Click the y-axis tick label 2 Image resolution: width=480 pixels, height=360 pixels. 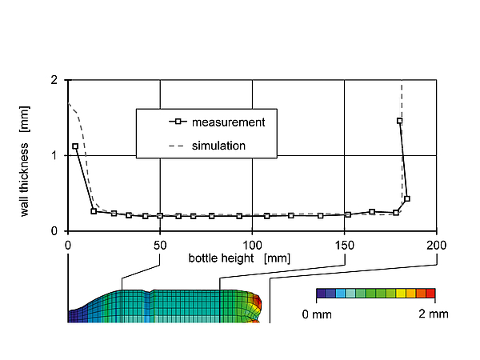(54, 80)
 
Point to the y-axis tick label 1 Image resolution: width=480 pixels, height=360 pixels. (54, 156)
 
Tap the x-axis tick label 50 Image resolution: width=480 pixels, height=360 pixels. (160, 246)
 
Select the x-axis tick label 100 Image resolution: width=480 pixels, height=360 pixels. (252, 246)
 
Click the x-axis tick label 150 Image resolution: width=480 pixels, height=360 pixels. (344, 246)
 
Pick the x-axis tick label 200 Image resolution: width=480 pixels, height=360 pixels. (437, 246)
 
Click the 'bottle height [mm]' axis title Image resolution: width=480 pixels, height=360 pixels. (239, 258)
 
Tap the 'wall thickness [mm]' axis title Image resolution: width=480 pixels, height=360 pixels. (25, 162)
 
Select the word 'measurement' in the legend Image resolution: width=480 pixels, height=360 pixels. (228, 122)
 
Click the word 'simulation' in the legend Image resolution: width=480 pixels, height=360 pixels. (218, 146)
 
